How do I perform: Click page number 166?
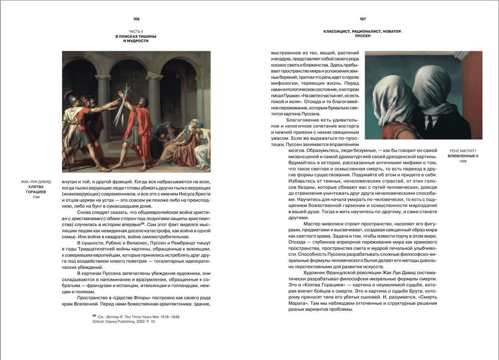(x=136, y=19)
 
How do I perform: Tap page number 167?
(x=363, y=19)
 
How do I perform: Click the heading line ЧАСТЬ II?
(x=136, y=31)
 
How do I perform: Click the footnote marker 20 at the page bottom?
(x=94, y=316)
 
